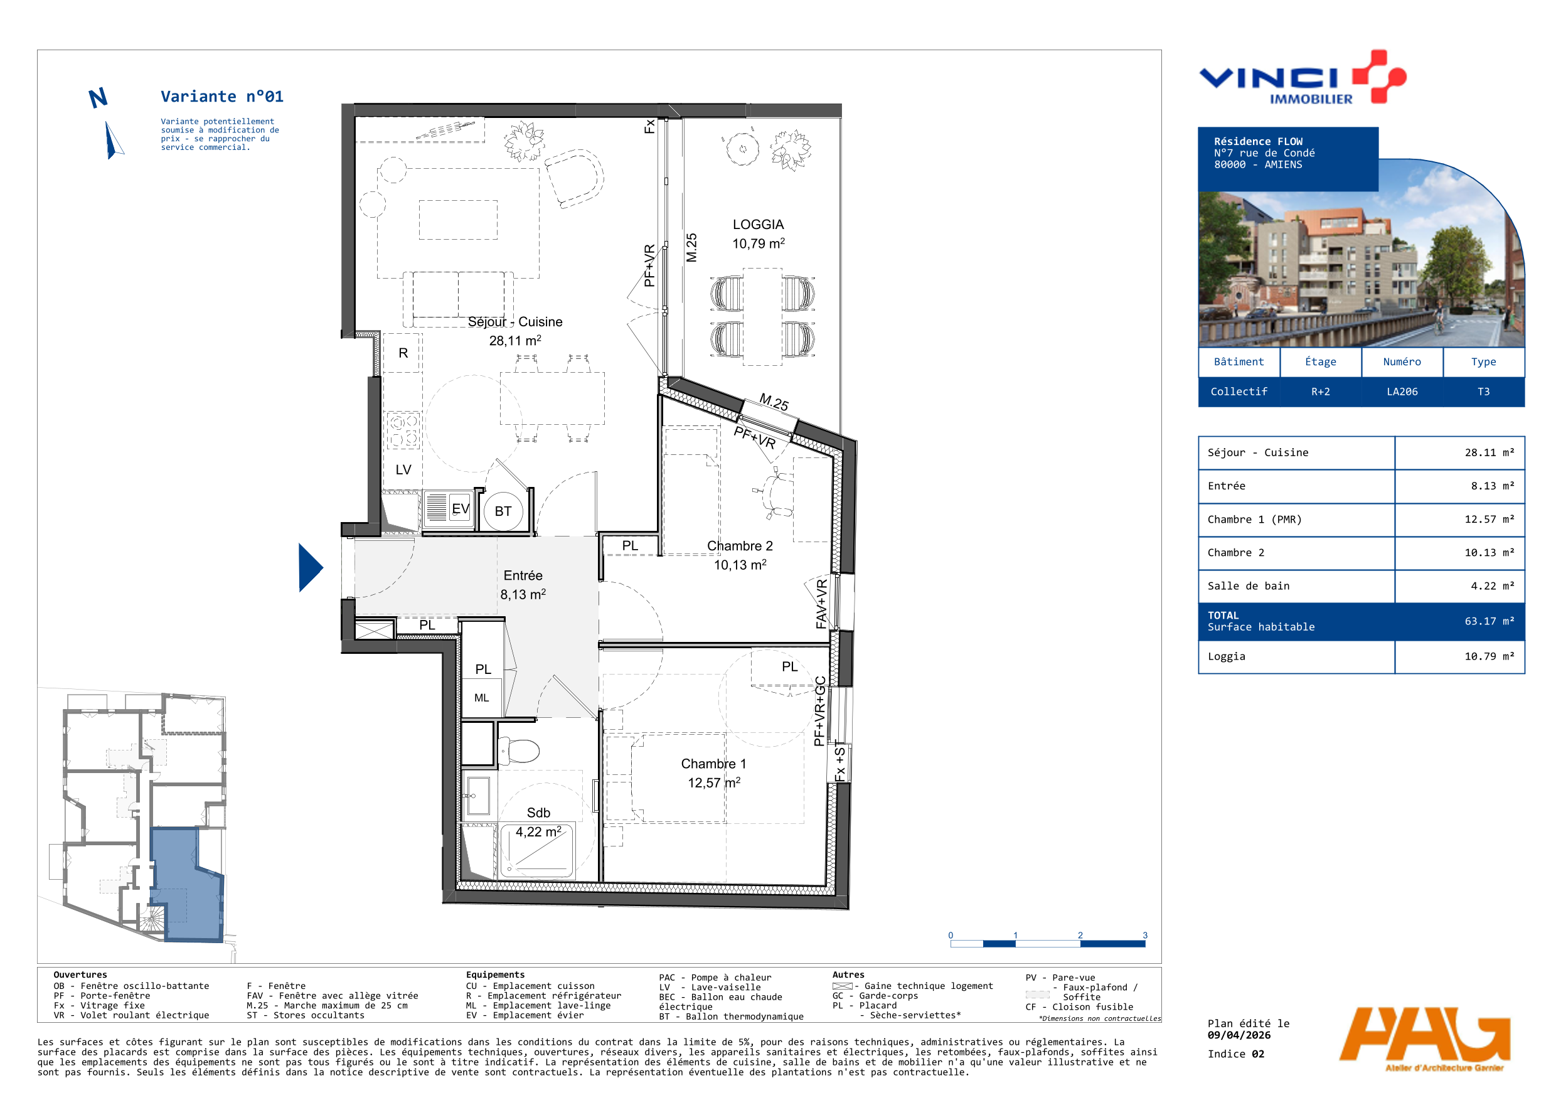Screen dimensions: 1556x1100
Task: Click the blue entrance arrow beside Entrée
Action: point(310,568)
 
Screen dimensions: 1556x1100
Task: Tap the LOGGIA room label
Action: point(758,225)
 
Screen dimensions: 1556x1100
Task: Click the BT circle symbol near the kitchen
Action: point(503,511)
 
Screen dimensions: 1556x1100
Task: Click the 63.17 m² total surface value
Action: point(1489,621)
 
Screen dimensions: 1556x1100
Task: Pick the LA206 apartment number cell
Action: point(1402,392)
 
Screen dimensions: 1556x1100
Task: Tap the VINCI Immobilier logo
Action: point(1303,77)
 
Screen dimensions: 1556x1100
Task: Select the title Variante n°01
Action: point(221,96)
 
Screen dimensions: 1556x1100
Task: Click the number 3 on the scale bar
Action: point(1145,936)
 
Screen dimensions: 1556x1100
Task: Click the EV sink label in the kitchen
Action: point(460,508)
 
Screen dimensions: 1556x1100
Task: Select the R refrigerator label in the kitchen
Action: point(403,353)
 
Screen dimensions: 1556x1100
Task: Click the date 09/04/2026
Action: point(1239,1035)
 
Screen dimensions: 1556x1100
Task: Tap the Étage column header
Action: point(1320,362)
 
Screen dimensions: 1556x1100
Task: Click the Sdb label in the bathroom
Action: point(538,813)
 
